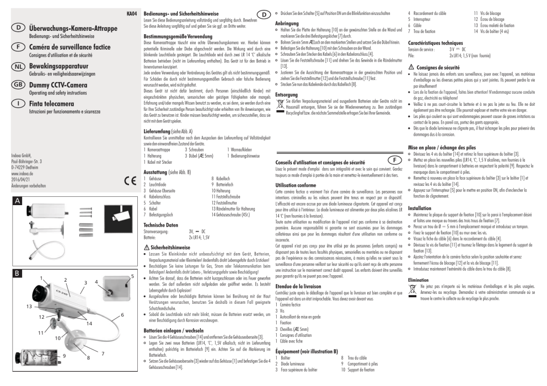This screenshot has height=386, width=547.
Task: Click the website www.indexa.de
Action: coord(22,173)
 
